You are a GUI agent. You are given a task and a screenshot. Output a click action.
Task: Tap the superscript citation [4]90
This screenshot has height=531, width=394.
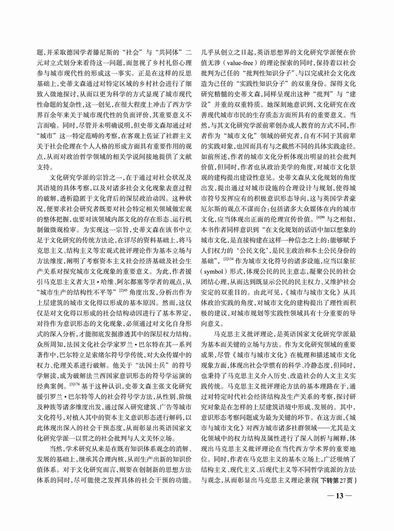pyautogui.click(x=322, y=231)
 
